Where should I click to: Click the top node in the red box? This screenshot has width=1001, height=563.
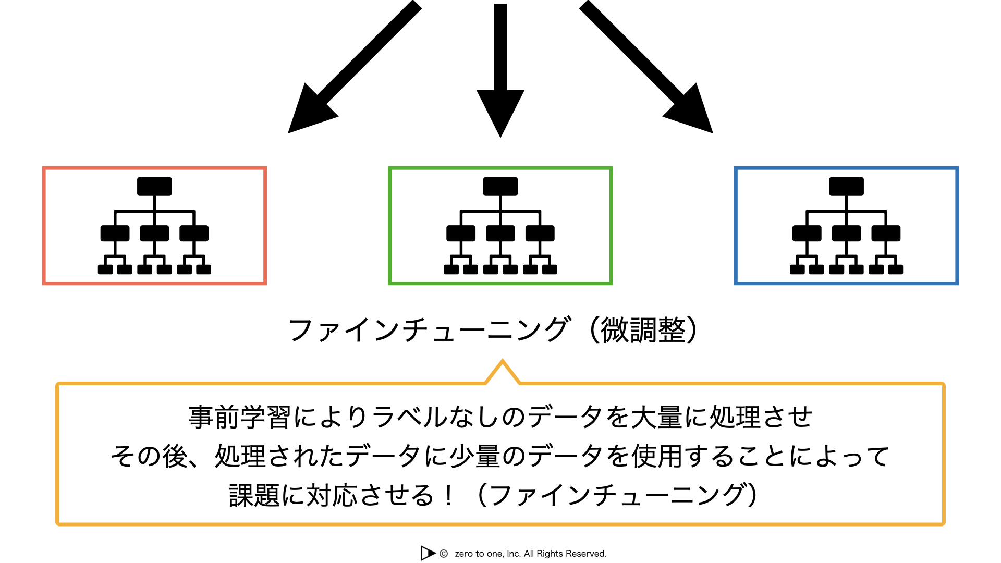point(154,186)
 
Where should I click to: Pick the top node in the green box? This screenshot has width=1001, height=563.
point(500,186)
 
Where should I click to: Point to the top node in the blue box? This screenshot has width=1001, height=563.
point(846,186)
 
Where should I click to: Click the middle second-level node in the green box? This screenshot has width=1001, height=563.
point(500,233)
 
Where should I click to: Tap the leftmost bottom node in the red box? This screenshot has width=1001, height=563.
point(105,270)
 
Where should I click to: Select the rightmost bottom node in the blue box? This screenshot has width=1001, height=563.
point(896,270)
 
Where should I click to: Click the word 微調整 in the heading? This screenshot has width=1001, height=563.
point(643,331)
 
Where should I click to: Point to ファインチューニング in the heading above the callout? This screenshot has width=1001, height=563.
point(429,331)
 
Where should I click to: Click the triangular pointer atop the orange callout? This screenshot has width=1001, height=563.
point(502,371)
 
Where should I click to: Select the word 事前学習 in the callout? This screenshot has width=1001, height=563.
point(239,418)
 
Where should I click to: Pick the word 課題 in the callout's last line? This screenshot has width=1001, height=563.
point(254,496)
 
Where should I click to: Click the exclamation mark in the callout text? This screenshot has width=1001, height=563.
point(448,496)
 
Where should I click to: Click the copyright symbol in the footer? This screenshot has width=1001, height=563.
point(444,554)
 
